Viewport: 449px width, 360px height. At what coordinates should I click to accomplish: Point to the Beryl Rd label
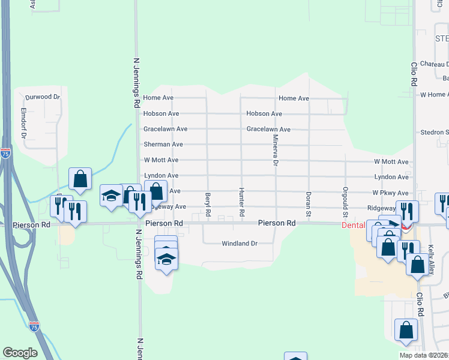[x=208, y=204]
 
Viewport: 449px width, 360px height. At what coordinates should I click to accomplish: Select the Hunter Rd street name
[x=242, y=202]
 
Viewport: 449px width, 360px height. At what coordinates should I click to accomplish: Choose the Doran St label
[x=309, y=203]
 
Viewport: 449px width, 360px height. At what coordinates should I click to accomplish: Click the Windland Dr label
[x=239, y=244]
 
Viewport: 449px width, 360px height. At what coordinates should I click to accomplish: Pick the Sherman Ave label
[x=163, y=145]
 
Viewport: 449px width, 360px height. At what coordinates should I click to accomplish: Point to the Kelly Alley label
[x=431, y=260]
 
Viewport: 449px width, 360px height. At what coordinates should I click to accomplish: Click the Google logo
[x=20, y=353]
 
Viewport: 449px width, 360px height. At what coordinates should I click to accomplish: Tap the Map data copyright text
[x=424, y=355]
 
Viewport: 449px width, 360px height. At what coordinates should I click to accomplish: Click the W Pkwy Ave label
[x=390, y=193]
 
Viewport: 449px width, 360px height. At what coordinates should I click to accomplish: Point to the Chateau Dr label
[x=434, y=64]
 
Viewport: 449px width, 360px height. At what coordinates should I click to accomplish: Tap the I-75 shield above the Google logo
[x=35, y=327]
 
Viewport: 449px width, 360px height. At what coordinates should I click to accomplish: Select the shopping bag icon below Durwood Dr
[x=80, y=179]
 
